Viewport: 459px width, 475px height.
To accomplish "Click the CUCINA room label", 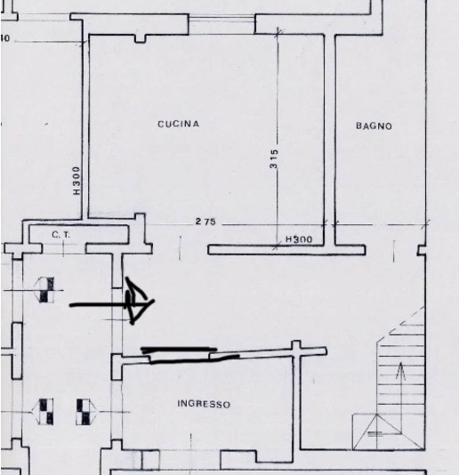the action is tap(179, 124).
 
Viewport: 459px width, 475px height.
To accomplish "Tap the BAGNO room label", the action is tap(374, 125).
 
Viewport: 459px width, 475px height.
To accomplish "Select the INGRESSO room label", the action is tap(204, 404).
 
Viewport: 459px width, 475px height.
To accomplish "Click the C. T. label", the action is tap(60, 235).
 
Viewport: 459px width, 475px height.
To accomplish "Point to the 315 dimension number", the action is tap(273, 158).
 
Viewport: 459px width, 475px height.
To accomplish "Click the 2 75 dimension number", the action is tap(205, 221).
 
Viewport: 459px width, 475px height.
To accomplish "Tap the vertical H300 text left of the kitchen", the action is tap(76, 181).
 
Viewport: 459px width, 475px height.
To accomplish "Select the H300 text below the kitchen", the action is tap(299, 239).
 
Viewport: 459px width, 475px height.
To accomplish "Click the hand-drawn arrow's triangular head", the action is tap(139, 301).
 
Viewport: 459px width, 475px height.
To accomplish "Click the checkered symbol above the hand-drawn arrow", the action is tap(45, 290).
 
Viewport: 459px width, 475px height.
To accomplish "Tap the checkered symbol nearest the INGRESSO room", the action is tap(85, 412).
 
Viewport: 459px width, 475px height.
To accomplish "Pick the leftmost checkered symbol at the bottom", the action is tap(44, 412).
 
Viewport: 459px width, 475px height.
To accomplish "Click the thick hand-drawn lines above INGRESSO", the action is tap(190, 355).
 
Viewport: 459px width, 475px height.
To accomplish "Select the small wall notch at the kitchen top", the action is tap(140, 39).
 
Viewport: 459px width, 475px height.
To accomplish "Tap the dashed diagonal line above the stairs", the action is tap(400, 325).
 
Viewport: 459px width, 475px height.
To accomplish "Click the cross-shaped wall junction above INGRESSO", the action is tap(296, 348).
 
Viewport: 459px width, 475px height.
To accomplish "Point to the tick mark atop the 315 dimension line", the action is tap(278, 32).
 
